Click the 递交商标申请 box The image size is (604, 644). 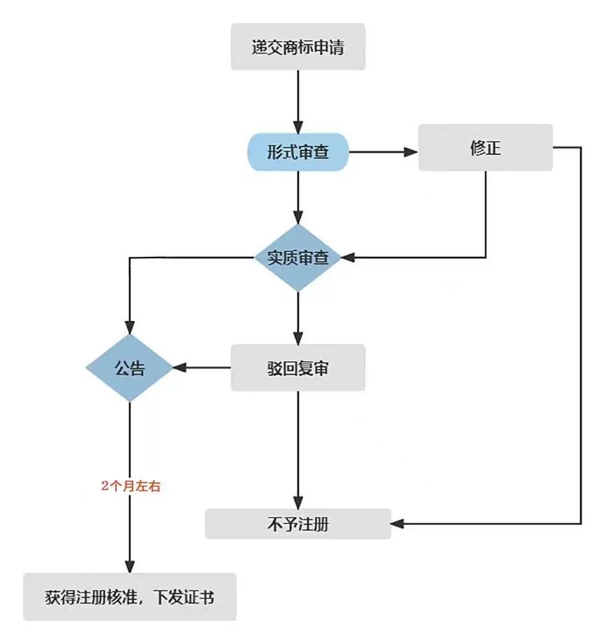[x=298, y=47]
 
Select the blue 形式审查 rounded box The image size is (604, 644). [x=298, y=152]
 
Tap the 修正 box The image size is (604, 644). [x=485, y=148]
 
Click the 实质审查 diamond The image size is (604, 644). [x=298, y=257]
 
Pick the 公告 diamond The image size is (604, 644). [x=129, y=368]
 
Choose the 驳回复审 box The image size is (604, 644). [x=298, y=368]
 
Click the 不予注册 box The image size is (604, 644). [x=298, y=524]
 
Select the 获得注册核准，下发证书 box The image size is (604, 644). [x=130, y=597]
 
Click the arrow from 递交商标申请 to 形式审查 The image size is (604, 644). [x=298, y=100]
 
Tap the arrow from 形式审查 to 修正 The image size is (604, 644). [x=382, y=151]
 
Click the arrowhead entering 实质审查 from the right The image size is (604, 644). [x=350, y=257]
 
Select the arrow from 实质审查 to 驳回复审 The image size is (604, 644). [x=298, y=317]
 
